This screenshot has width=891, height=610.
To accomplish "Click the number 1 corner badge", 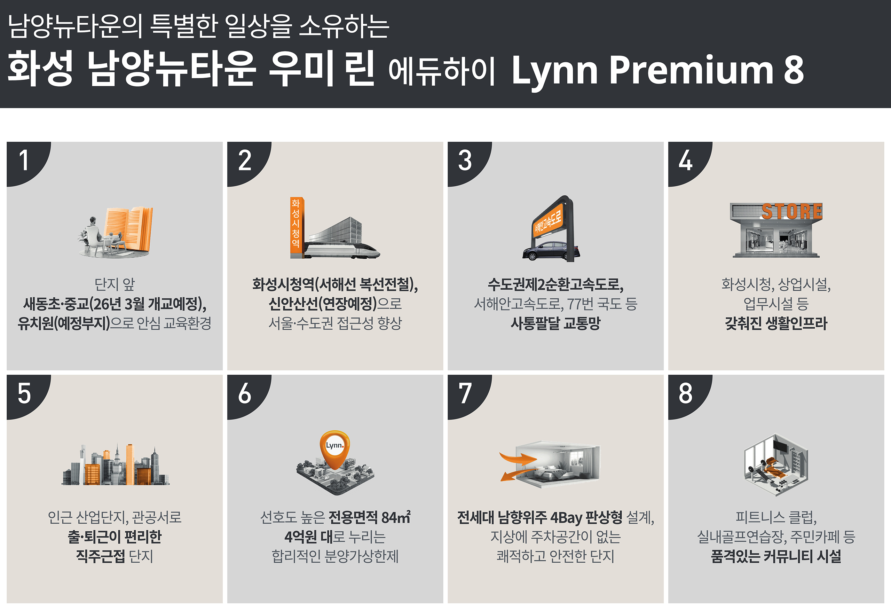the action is coord(25,161).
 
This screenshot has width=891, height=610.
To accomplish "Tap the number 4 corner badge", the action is coord(686,161).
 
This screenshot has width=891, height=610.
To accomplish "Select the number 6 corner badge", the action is coord(245,394).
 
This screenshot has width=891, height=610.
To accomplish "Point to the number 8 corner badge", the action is coord(686,394).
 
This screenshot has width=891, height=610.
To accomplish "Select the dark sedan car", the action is coord(551,251).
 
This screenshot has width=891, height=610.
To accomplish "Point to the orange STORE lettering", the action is coord(792,211).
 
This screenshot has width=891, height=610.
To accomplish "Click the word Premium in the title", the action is coord(691,70).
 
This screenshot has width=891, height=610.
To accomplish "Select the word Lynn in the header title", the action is coord(554,72).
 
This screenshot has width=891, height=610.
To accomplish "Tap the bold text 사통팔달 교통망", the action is coord(555,323).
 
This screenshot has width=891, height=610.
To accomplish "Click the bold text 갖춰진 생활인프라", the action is coord(776,323).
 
